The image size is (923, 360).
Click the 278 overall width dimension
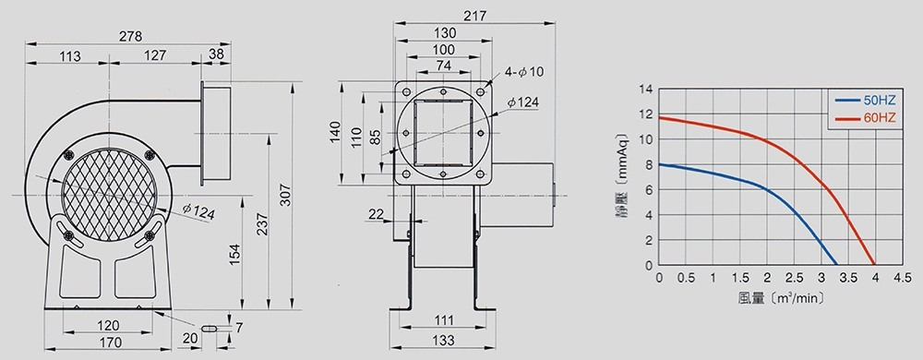130,37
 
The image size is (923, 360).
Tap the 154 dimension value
234,254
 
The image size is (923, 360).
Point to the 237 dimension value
262,224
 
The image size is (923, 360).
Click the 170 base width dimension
110,342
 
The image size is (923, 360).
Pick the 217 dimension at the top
474,17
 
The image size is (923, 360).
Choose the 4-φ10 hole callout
524,72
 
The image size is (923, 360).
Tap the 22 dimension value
375,215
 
